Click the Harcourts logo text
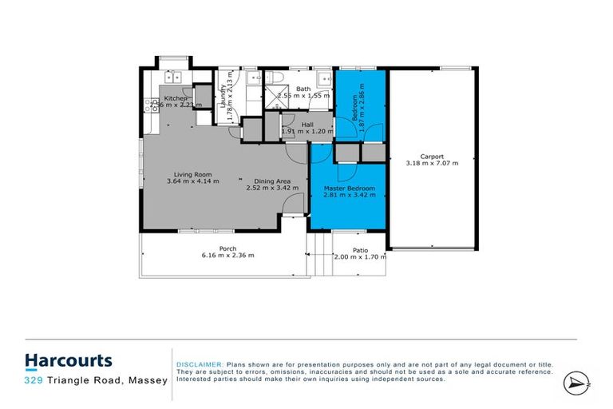(68, 361)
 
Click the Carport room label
(435, 157)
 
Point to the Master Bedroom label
(349, 189)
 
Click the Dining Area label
(271, 181)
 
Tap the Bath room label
(303, 89)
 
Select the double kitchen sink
(175, 77)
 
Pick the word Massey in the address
(148, 381)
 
